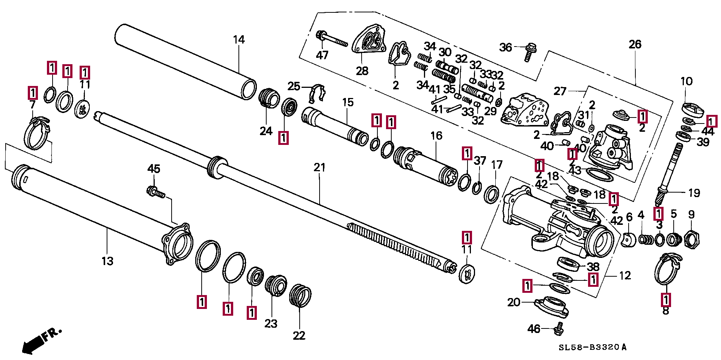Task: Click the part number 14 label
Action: (239, 40)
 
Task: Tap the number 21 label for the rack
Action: (319, 167)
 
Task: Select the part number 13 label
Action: (107, 261)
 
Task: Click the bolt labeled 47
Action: (332, 39)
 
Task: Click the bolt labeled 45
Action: (155, 192)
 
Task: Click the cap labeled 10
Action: (692, 109)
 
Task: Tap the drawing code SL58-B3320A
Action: (593, 347)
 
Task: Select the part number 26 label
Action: (635, 44)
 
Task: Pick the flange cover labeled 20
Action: (552, 307)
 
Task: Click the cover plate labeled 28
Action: (369, 41)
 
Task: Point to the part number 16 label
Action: (436, 136)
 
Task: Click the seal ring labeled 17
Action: (491, 194)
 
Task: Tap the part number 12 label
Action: (624, 276)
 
